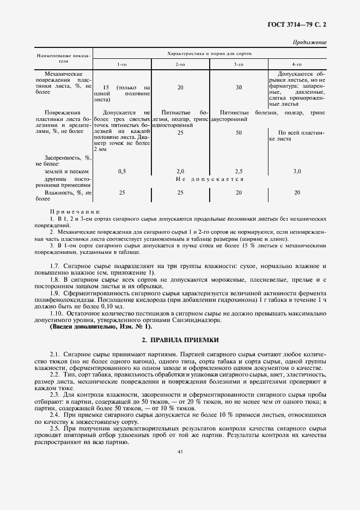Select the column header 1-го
122,65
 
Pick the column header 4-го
297,65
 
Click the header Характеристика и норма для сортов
209,54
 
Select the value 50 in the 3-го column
239,132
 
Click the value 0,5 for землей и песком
122,171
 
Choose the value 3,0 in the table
297,171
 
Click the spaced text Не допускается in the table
209,179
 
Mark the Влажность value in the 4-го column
297,192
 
